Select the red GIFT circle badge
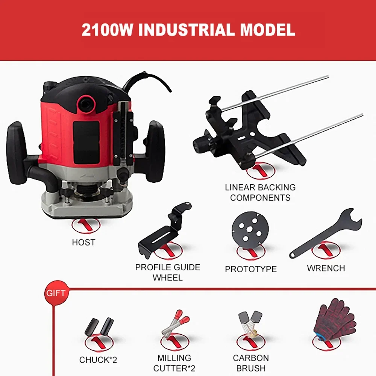(x=56, y=293)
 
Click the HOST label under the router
(x=84, y=243)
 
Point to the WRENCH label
(x=326, y=268)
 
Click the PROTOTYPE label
(x=250, y=269)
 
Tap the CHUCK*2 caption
(x=98, y=360)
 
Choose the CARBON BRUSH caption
(x=251, y=363)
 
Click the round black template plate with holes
(x=250, y=230)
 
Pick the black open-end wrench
(x=325, y=234)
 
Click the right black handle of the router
(x=155, y=152)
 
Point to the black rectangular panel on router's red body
(x=86, y=143)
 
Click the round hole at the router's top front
(x=86, y=103)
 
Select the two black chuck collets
(x=99, y=327)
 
